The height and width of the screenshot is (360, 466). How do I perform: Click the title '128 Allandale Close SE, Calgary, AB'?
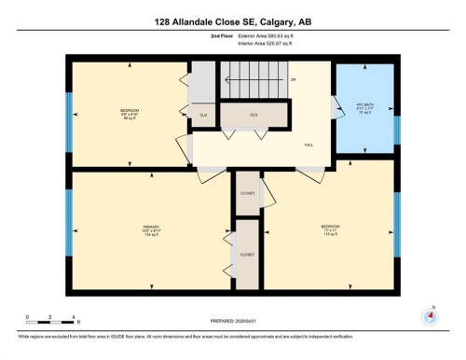pos(232,20)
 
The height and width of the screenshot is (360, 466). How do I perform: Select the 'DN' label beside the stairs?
pos(293,80)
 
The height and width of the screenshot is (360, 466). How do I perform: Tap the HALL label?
pos(308,145)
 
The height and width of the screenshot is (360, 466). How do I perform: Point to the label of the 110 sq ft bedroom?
pos(331,228)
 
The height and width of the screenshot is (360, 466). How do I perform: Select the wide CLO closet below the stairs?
pos(254,114)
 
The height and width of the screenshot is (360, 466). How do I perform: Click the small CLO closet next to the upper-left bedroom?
pos(203,115)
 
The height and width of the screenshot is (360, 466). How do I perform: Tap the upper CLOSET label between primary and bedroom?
pos(247,193)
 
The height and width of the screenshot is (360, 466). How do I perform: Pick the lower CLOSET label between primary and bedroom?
pos(247,254)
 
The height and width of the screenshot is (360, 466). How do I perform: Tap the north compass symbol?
pos(431,316)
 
